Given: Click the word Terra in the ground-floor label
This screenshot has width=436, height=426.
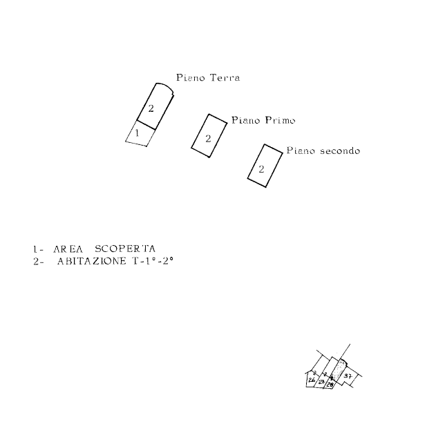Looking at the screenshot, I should click(x=225, y=79).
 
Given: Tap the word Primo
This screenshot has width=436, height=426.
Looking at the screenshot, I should click(x=280, y=121).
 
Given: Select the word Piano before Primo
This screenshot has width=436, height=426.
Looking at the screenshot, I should click(x=246, y=120).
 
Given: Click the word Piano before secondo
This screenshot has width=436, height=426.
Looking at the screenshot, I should click(x=301, y=150).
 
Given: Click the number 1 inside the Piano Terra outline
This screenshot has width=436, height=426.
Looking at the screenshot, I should click(x=137, y=132).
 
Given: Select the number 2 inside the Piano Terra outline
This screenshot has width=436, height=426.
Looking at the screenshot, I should click(x=151, y=108).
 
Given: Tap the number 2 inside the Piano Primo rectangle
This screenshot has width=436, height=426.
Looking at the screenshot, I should click(x=208, y=138).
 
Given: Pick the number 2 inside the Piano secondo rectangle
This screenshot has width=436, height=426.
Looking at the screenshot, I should click(x=261, y=168).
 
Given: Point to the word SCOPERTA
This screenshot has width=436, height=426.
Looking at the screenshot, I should click(x=125, y=249).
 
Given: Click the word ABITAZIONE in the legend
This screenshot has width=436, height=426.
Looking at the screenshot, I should click(x=92, y=261).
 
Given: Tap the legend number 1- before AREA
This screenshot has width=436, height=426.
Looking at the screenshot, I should click(x=37, y=249).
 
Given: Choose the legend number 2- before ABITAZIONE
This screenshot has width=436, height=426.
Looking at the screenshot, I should click(x=37, y=261).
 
